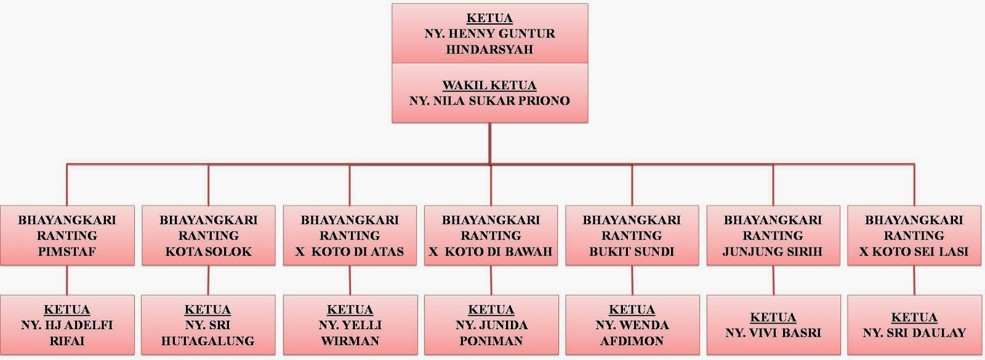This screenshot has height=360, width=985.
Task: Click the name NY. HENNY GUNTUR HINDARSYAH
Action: pos(489,41)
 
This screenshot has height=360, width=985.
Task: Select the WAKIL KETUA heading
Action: pos(489,85)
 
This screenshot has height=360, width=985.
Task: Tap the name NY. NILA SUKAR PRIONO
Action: pos(489,100)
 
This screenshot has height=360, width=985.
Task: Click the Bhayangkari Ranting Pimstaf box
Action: pos(67,236)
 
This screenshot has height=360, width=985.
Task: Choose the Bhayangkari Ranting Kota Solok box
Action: pos(209,236)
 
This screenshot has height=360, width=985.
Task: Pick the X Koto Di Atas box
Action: pos(350,236)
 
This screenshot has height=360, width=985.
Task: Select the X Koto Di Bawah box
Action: pos(491,236)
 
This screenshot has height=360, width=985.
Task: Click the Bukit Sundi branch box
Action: pos(632,236)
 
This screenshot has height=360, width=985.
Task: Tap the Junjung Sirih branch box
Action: pos(773,236)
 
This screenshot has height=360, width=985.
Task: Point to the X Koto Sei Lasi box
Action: pos(914,236)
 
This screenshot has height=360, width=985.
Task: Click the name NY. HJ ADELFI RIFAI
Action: pos(67,333)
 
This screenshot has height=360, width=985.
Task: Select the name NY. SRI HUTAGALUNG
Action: pos(208,333)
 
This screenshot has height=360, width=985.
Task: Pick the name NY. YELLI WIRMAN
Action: pos(350,333)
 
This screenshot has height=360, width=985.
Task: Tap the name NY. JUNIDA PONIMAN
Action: pos(491,333)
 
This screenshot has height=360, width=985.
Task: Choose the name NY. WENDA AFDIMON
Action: pos(632,333)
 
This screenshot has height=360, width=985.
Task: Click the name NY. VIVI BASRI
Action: pos(773,333)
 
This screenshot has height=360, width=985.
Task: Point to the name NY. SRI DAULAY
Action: pos(914,333)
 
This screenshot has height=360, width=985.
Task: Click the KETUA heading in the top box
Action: pos(489,18)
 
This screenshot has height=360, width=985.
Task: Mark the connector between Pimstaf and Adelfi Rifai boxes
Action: pos(67,280)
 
